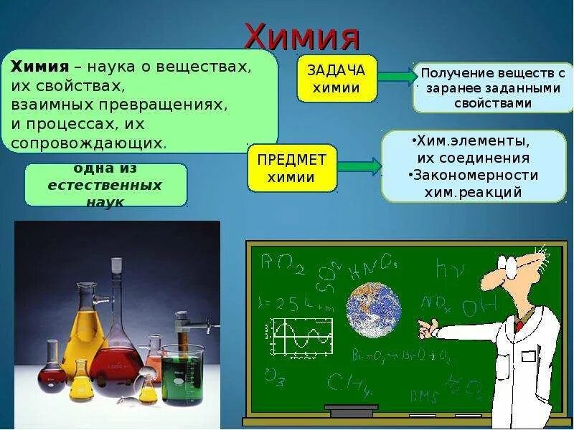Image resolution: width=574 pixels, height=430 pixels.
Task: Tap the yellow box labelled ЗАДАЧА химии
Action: click(337, 79)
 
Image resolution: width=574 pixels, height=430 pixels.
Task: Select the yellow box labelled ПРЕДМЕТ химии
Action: click(291, 168)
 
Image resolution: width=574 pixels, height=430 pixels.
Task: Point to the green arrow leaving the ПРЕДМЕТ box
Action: click(359, 166)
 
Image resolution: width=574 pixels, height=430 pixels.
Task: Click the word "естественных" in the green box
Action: click(105, 185)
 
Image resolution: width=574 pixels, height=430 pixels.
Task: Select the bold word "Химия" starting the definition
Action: click(39, 67)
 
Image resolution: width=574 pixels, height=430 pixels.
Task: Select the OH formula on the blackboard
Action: click(479, 307)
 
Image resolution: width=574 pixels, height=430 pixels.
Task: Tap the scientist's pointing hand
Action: click(429, 328)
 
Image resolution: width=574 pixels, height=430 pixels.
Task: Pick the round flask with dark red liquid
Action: click(52, 372)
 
